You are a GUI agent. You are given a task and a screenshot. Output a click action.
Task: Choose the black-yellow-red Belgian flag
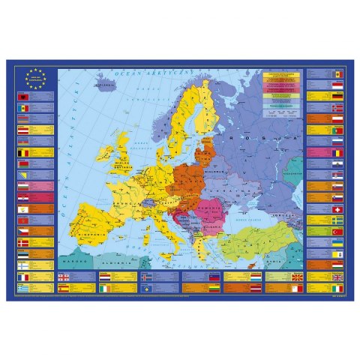[23, 153]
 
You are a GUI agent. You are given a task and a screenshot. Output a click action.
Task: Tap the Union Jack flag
[337, 286]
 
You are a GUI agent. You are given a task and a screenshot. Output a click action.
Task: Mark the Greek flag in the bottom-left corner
[23, 286]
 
